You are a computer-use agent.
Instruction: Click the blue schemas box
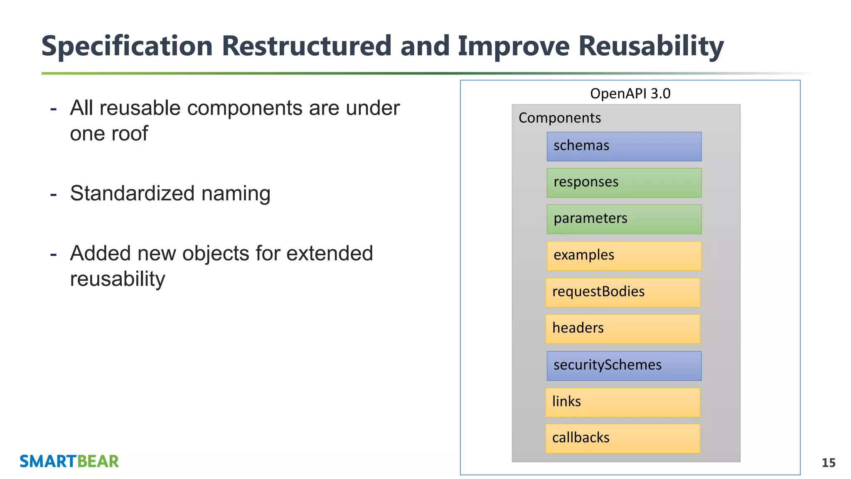(624, 146)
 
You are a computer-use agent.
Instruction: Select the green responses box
(624, 183)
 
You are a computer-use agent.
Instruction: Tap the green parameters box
(624, 219)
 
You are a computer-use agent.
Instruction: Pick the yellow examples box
(624, 256)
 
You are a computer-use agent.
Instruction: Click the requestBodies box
(622, 292)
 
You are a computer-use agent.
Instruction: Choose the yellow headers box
(622, 329)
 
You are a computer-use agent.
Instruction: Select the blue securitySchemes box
(624, 365)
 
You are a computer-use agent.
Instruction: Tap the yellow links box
(622, 402)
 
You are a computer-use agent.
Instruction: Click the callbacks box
(622, 438)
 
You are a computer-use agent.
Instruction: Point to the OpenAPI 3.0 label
(630, 94)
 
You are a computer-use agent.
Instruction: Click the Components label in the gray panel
(559, 118)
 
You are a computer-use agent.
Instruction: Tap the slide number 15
(828, 463)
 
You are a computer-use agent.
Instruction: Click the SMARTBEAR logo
(69, 462)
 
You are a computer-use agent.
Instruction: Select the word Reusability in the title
(651, 46)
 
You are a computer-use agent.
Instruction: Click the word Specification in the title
(127, 46)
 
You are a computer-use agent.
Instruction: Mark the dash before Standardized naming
(53, 194)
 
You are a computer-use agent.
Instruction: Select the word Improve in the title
(513, 46)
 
